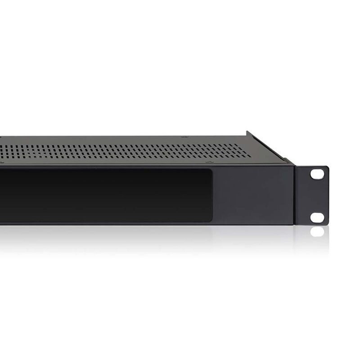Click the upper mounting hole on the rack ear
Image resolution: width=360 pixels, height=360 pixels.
click(318, 173)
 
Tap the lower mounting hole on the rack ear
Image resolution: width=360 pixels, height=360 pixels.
click(317, 217)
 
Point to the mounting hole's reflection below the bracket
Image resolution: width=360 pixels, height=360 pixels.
click(318, 231)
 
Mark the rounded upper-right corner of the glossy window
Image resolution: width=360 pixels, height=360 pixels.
click(209, 171)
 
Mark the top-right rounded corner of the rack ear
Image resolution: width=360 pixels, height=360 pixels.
click(327, 168)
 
